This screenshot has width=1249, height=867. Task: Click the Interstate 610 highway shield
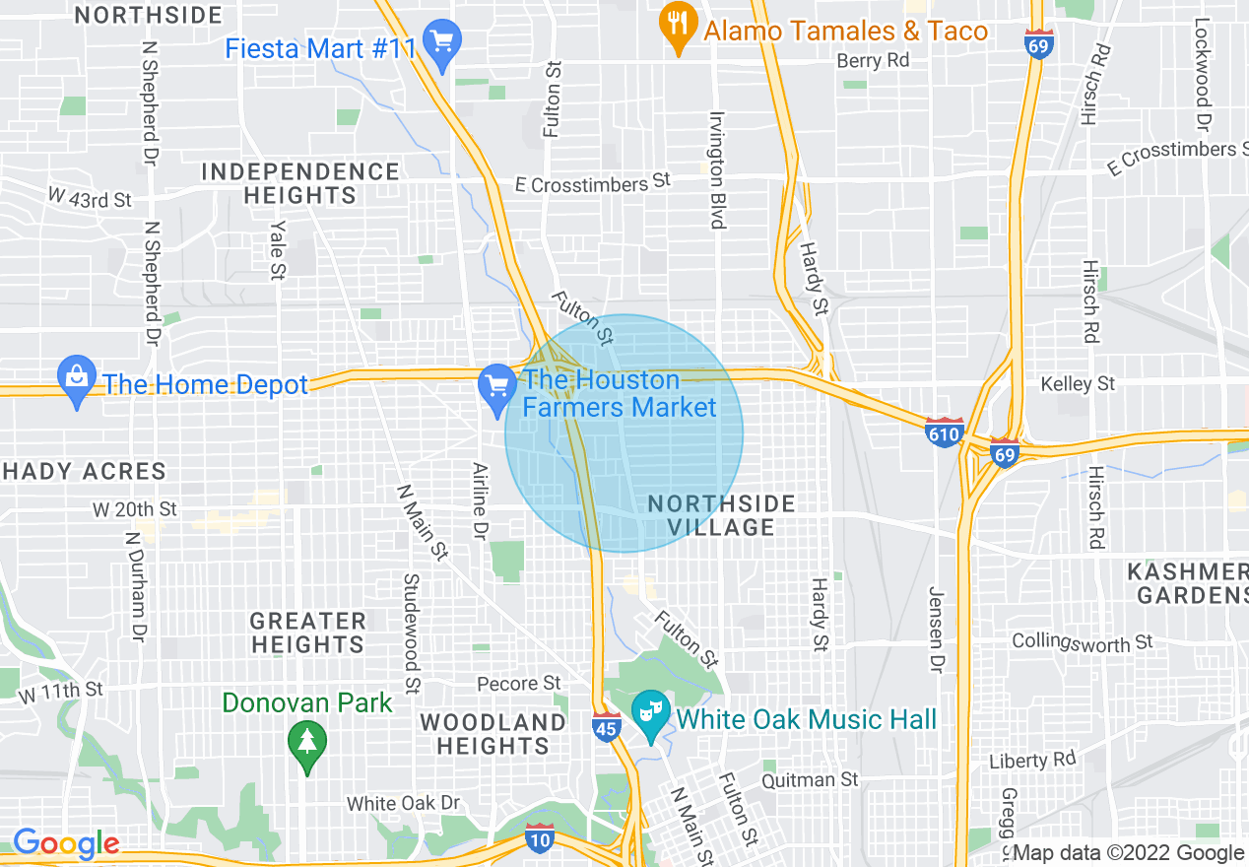coord(944,432)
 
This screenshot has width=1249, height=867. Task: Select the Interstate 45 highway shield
coord(607,726)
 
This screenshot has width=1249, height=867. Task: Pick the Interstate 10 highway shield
coord(539,835)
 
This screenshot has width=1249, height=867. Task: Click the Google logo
coord(66,844)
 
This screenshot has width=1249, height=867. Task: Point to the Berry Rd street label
coord(873,60)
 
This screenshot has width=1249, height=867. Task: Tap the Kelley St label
coord(1079,383)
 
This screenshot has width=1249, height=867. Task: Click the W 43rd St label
coord(90,197)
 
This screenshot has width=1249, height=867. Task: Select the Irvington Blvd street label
coord(717,169)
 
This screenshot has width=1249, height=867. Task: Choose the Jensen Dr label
coord(936,631)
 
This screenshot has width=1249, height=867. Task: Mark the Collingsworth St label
coord(1082,642)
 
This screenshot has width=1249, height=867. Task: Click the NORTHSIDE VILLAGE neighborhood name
coord(721,515)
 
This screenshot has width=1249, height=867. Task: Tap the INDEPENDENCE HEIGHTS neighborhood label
coord(300,183)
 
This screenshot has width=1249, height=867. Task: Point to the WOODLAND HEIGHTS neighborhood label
coord(493,733)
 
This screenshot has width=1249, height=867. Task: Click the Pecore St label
coord(519,683)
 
